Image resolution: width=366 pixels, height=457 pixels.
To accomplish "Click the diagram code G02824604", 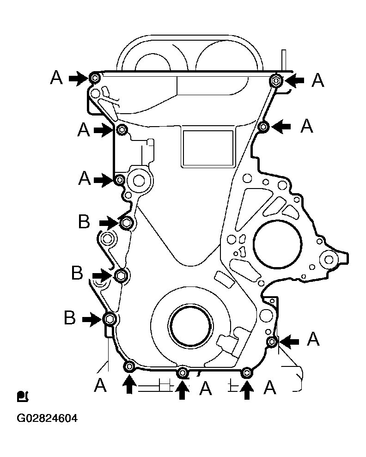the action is [47, 418].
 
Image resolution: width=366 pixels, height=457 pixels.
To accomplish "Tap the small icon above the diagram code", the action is [23, 396].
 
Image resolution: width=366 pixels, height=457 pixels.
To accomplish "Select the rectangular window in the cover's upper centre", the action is [207, 148].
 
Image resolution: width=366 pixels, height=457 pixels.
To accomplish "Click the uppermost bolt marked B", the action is [126, 223].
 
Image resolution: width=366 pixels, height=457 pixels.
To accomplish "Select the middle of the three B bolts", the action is [120, 275].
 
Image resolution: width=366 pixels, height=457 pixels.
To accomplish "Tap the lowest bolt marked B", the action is [110, 319].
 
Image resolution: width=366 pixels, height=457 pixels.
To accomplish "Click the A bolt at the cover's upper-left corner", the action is [94, 78].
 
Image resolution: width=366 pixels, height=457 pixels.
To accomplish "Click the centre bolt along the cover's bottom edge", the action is [183, 372].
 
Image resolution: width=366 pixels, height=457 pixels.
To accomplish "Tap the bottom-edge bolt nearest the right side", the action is [247, 372].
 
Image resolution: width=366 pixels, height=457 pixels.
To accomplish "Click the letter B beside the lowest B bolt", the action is [70, 317].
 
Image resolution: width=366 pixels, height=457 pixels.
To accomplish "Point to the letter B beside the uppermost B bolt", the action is [84, 221].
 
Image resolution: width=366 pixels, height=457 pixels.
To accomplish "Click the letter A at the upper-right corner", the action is [317, 80].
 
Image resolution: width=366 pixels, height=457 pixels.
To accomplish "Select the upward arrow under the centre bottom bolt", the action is [182, 390].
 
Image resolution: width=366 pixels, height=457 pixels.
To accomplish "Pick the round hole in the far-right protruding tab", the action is [329, 259].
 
